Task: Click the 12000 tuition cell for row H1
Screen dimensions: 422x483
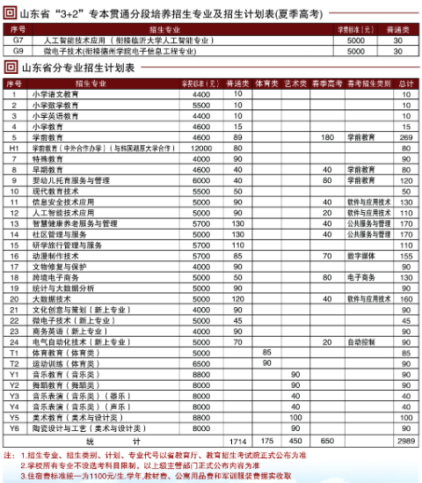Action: point(200,149)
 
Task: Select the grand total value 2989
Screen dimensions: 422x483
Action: point(405,440)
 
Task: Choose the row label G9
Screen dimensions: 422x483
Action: point(18,52)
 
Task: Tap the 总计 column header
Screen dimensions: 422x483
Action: point(405,84)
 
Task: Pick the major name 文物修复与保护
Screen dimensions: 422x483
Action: point(61,267)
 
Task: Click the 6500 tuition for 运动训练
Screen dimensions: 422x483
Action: point(200,362)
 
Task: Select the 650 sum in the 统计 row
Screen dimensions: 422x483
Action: point(327,440)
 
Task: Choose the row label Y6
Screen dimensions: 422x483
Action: point(13,428)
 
